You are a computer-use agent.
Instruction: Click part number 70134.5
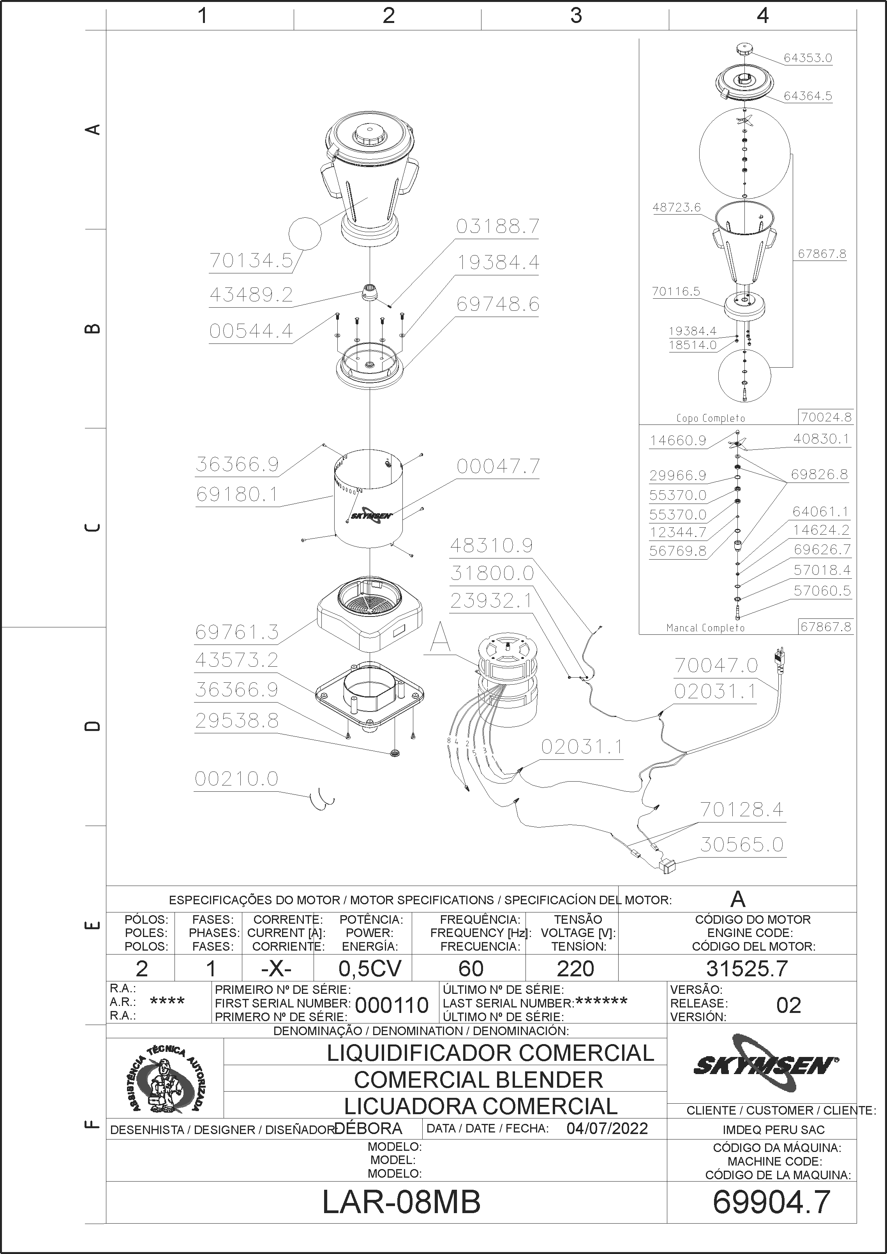251,261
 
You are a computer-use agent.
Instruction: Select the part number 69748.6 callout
497,304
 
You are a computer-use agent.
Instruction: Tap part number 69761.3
237,632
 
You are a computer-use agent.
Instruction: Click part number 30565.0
742,844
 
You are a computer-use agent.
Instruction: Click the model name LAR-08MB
402,1217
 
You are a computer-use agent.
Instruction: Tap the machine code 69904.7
771,1217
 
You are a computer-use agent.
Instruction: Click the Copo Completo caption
711,418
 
